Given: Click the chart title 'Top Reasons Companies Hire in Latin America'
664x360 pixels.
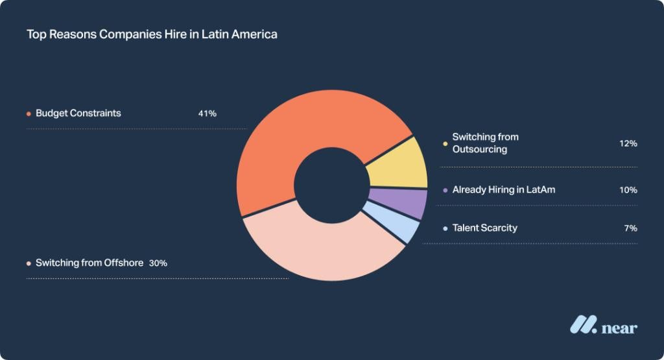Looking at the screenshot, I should point(152,34).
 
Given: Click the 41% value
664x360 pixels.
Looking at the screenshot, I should point(207,114).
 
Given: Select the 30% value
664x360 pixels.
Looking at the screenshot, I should point(158,263).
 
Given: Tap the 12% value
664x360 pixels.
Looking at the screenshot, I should point(628,143).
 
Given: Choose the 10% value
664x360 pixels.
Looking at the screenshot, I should point(628,190).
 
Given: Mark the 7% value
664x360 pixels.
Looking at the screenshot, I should point(630,228).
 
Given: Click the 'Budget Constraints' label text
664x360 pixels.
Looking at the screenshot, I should point(78,114).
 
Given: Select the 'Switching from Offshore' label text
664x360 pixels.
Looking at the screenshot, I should point(89,263).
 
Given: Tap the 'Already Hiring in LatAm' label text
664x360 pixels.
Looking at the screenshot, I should point(504,190).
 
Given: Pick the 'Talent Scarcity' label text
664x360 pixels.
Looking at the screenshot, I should point(485,228).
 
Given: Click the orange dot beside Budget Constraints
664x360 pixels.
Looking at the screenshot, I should point(29,114).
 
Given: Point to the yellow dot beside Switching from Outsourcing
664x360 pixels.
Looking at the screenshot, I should point(445,143).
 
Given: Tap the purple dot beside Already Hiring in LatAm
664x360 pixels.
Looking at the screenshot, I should point(445,191).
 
